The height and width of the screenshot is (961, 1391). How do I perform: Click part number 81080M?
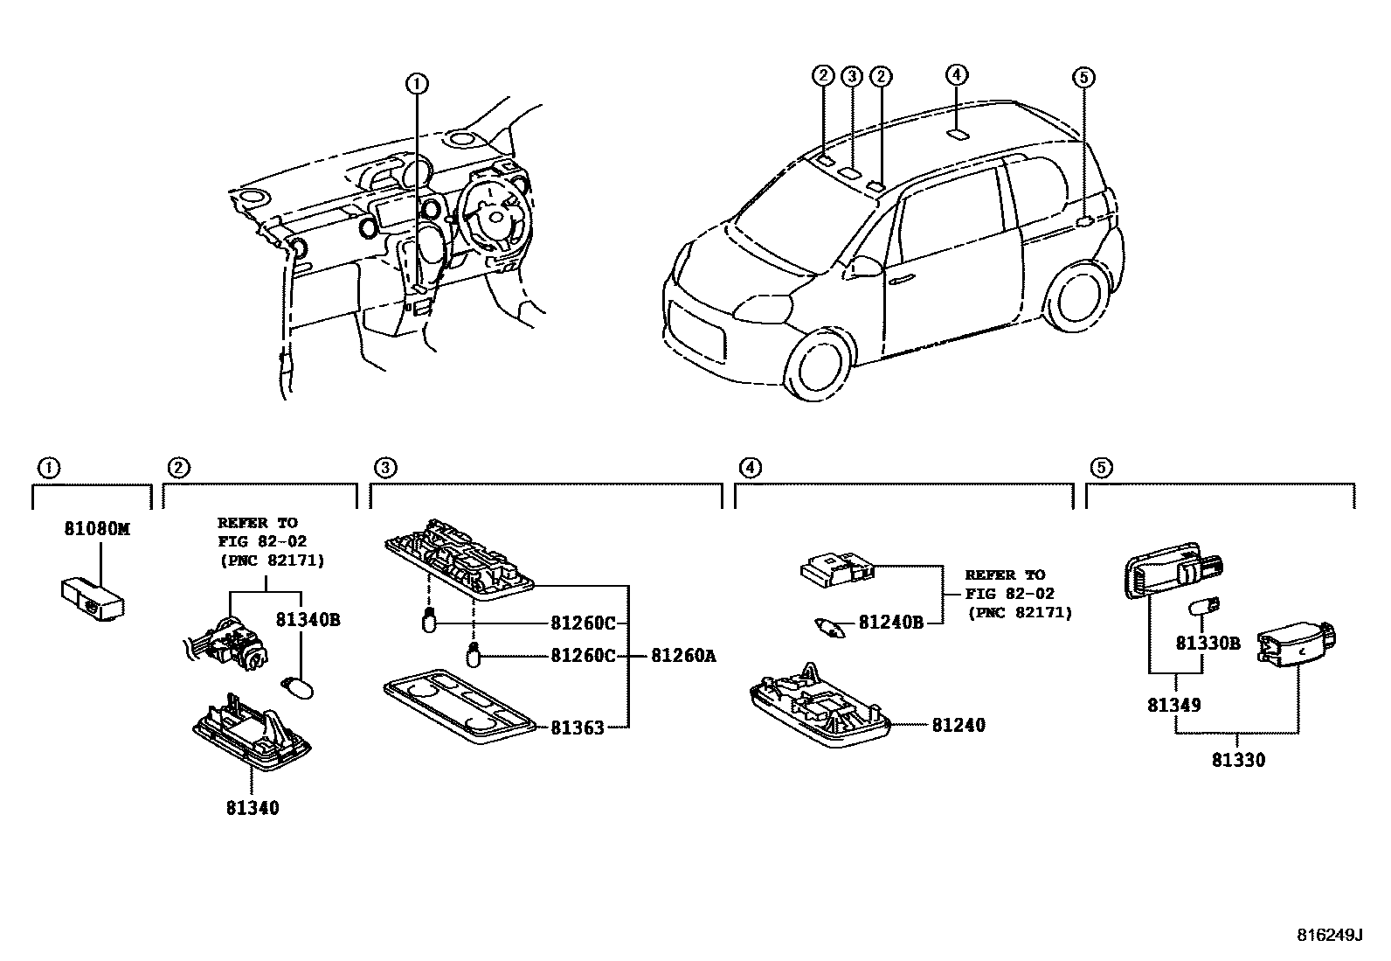click(x=96, y=529)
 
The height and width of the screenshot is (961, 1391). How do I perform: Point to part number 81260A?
click(x=683, y=655)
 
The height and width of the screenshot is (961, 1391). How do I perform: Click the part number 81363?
click(x=577, y=727)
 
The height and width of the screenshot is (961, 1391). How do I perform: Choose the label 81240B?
click(x=890, y=623)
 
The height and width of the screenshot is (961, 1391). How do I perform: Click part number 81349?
click(x=1173, y=704)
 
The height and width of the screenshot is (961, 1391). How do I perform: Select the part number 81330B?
click(x=1208, y=643)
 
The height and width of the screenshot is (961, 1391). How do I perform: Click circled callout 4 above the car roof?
click(x=957, y=74)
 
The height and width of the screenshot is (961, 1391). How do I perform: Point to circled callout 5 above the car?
click(x=1083, y=78)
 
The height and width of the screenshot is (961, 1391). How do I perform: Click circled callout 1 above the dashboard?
click(x=417, y=84)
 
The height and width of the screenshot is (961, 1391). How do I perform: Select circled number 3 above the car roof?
click(x=852, y=76)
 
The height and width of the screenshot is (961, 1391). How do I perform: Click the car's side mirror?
click(x=866, y=266)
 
